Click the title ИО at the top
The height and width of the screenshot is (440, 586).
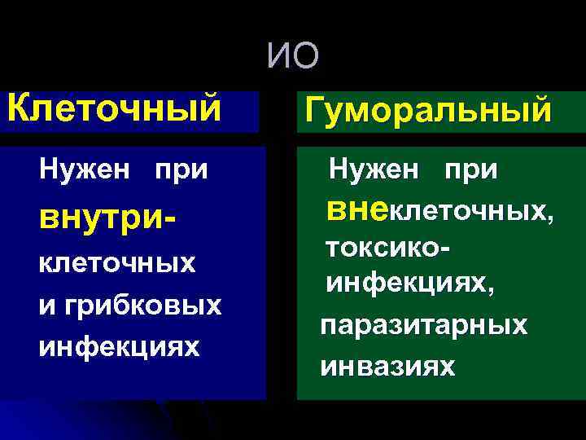(x=294, y=58)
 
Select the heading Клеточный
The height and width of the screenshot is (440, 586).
(x=115, y=106)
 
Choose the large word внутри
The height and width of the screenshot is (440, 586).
(x=93, y=218)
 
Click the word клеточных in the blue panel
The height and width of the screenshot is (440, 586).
(x=117, y=264)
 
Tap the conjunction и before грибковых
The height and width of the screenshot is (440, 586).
(x=46, y=306)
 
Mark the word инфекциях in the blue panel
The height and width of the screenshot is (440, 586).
(x=118, y=346)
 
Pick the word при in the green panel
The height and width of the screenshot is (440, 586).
(x=471, y=170)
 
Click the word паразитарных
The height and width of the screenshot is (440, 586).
(x=423, y=325)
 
